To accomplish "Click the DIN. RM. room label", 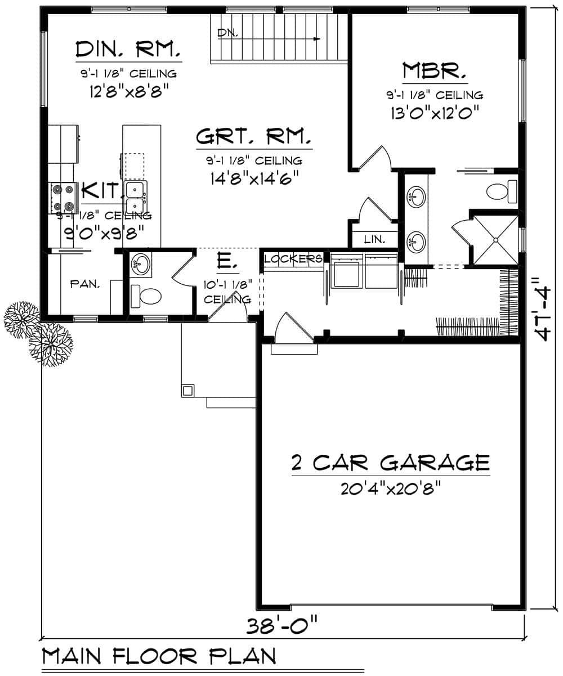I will (128, 50).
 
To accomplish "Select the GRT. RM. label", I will (253, 137).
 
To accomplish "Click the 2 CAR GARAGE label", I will (390, 463).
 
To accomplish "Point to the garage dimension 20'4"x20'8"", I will (390, 488).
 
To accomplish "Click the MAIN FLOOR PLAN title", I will (159, 656).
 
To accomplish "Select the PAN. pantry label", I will (85, 285).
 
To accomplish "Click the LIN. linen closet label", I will (374, 239).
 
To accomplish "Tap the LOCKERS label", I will (293, 259).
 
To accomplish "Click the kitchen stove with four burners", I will (64, 198).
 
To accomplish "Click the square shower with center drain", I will (494, 240).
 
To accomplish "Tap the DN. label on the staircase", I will (227, 34).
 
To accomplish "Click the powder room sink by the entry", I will (140, 264).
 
